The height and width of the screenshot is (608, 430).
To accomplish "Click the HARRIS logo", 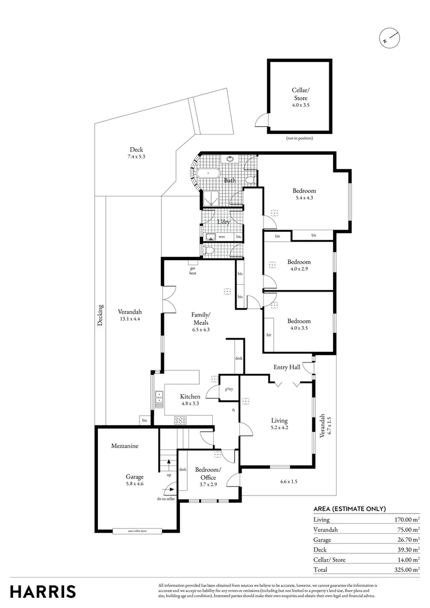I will [43, 592].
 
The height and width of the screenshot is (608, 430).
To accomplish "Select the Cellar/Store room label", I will [299, 97].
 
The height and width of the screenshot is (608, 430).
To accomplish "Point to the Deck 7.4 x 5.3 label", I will [136, 153].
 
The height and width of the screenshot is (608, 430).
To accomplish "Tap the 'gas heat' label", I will [192, 271].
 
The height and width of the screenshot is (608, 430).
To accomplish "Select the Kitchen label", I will [190, 400].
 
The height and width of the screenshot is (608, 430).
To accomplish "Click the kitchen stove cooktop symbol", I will [181, 420].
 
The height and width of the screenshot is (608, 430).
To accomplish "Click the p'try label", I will [229, 389].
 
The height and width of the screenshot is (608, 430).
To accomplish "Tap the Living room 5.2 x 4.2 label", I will [279, 424].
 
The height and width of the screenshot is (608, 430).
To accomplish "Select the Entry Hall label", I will [286, 368].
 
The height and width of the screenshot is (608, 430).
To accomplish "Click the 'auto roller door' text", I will [137, 530].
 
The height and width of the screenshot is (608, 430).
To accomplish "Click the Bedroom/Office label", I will [208, 473].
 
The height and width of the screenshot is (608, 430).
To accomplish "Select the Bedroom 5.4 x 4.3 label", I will [304, 194].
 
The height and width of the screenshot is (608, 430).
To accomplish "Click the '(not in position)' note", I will [299, 138].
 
